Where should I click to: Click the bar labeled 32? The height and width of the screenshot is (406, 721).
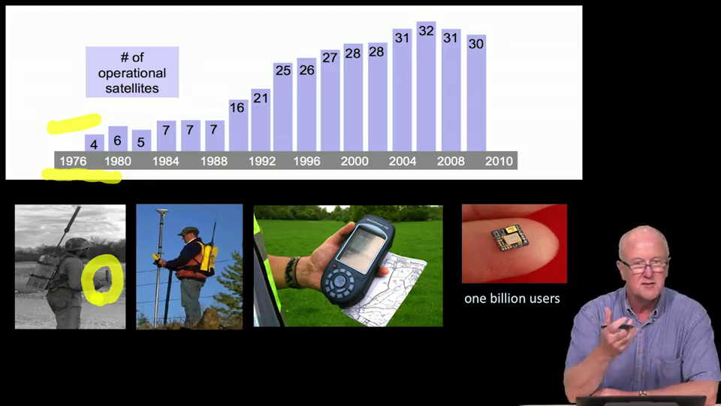(x=427, y=86)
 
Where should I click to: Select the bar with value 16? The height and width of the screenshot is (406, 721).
(x=238, y=126)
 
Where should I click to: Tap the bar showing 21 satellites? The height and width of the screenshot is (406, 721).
(x=261, y=120)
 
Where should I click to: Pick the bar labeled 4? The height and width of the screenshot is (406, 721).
(x=95, y=143)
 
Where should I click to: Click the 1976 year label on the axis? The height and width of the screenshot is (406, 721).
(x=73, y=161)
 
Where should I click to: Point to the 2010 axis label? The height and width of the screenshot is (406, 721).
(x=499, y=161)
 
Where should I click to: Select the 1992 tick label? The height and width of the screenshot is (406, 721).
(x=262, y=161)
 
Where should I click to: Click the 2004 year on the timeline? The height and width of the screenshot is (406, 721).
(x=403, y=161)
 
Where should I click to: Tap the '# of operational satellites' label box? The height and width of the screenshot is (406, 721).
(x=132, y=72)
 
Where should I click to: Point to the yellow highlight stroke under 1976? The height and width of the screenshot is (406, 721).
(x=82, y=176)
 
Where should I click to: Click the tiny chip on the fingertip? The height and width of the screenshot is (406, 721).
(x=509, y=237)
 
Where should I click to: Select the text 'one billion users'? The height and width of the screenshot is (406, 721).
(x=512, y=298)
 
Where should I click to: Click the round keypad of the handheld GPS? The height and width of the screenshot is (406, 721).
(x=339, y=282)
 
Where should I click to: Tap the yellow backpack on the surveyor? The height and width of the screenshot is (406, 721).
(x=208, y=259)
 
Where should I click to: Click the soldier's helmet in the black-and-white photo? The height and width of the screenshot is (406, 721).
(x=77, y=244)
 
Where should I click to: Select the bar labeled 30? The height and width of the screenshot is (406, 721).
(x=476, y=93)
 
